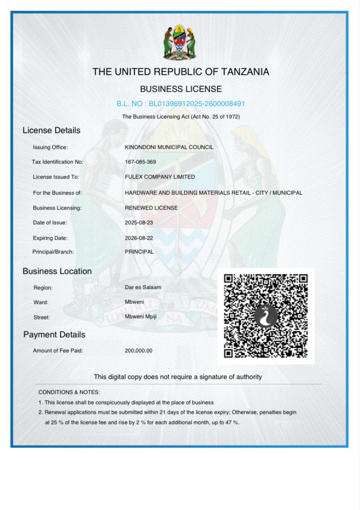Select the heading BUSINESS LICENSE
click(x=181, y=89)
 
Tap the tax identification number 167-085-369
click(x=141, y=162)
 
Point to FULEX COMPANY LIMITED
click(x=160, y=177)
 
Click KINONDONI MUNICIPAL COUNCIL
click(x=169, y=147)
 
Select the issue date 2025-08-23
click(x=139, y=222)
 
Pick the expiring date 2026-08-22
click(x=139, y=238)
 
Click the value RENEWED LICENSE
click(x=151, y=208)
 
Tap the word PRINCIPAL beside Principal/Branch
click(x=139, y=252)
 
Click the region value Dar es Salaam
click(x=143, y=287)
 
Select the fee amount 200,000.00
click(x=138, y=350)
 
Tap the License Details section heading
click(x=51, y=130)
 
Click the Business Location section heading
click(x=57, y=271)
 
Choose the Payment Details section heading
click(x=54, y=335)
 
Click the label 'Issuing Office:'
click(x=50, y=147)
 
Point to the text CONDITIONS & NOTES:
click(x=69, y=392)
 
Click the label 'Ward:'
click(x=41, y=302)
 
